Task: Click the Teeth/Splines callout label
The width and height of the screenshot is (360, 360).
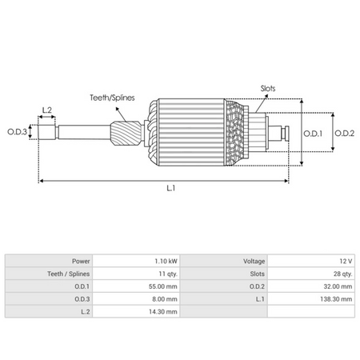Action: [x=112, y=97]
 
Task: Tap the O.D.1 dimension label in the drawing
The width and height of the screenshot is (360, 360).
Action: [x=315, y=133]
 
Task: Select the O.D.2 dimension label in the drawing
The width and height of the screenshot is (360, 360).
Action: [x=345, y=133]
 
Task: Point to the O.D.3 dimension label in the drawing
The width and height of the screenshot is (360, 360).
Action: [x=17, y=131]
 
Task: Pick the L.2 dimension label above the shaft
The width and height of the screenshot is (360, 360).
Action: [x=46, y=110]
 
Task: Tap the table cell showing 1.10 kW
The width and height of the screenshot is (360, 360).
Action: [x=166, y=262]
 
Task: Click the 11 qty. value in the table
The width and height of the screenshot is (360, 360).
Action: [x=166, y=274]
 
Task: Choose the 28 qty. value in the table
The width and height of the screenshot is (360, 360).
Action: [x=339, y=274]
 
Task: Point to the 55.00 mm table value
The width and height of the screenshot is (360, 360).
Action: [x=162, y=286]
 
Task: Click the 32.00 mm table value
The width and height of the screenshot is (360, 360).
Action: [x=336, y=286]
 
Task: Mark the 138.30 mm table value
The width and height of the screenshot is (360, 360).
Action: [x=334, y=298]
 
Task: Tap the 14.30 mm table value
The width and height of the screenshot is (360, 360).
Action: [x=162, y=310]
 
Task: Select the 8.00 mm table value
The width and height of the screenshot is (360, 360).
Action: [x=164, y=298]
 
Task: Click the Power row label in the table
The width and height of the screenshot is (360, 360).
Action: [x=80, y=262]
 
